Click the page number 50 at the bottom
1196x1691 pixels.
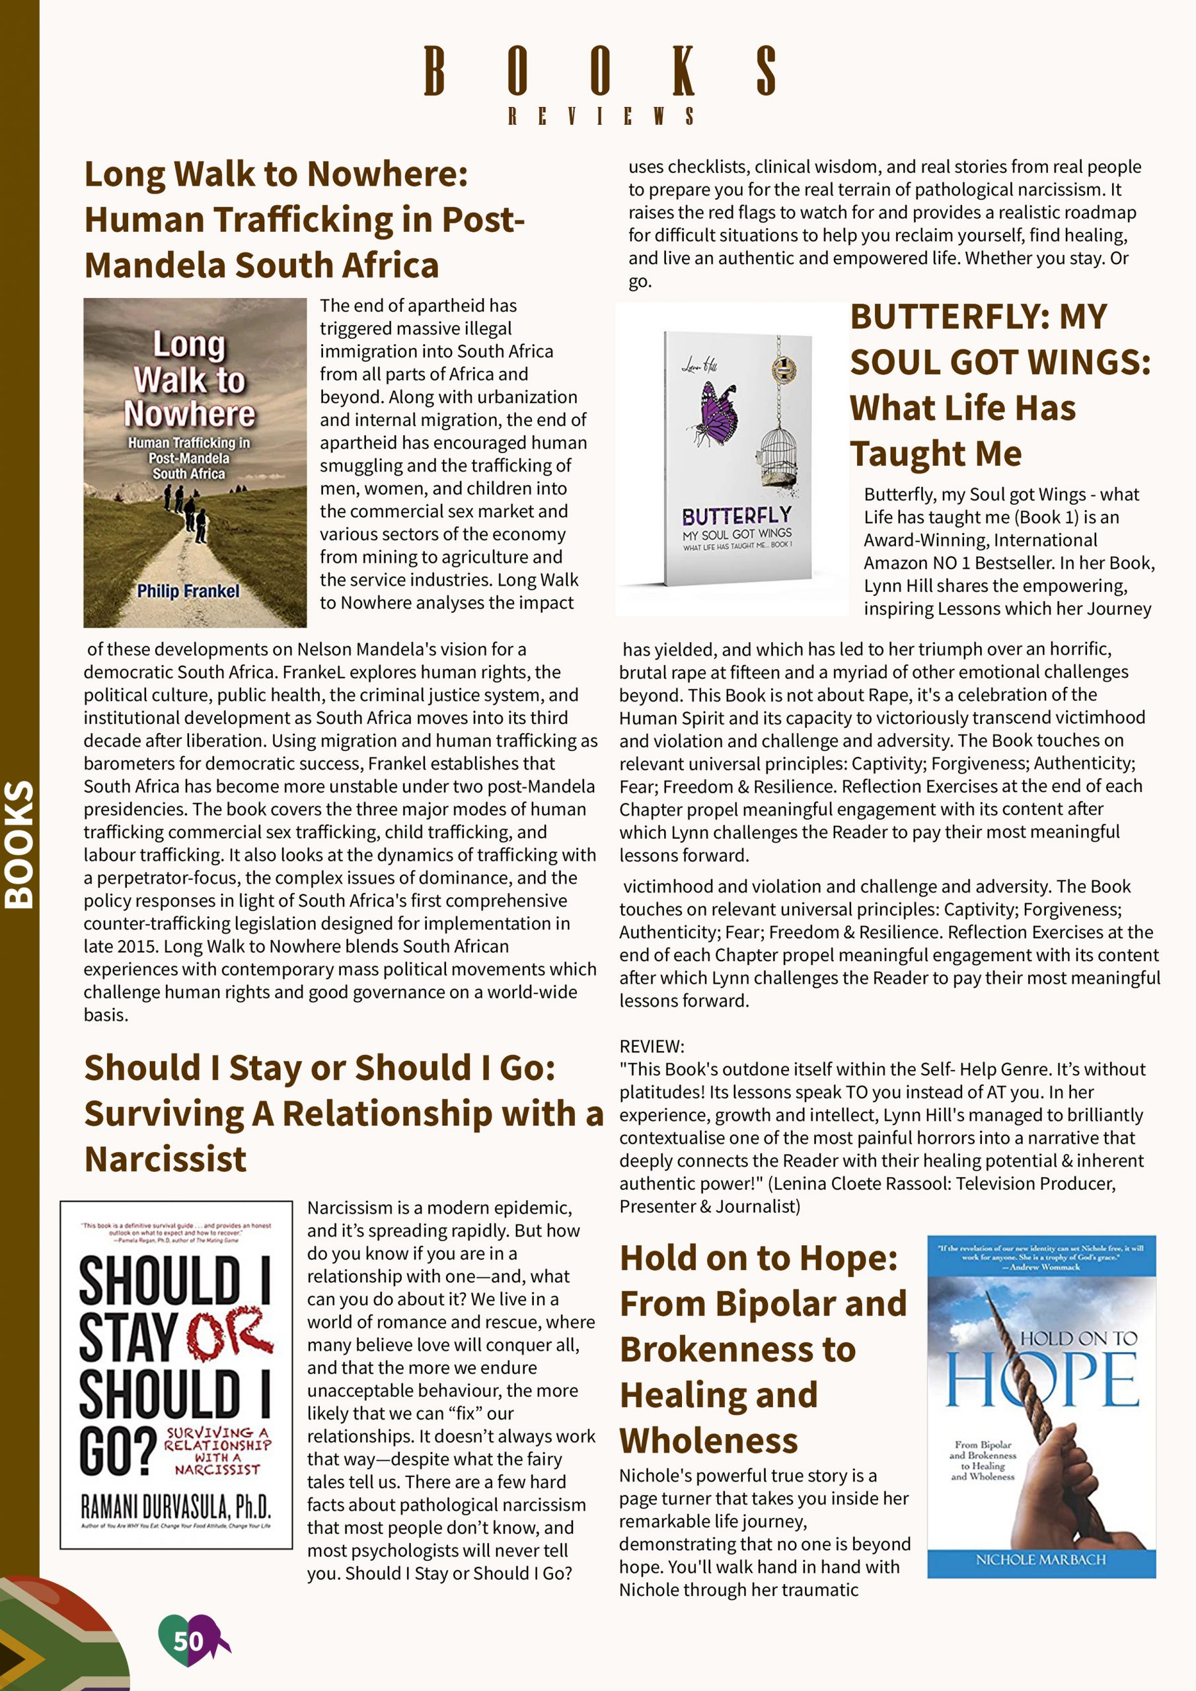(188, 1640)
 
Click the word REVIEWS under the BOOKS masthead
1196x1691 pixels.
(600, 116)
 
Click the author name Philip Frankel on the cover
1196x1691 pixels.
(188, 591)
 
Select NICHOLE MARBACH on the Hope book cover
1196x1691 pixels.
(1041, 1559)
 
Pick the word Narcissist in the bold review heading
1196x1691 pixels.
(166, 1159)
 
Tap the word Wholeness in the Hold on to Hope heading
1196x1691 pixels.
(709, 1440)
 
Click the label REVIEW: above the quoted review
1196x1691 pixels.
(652, 1046)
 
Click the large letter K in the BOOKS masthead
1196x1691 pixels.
(684, 71)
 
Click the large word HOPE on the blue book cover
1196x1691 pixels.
(1041, 1378)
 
